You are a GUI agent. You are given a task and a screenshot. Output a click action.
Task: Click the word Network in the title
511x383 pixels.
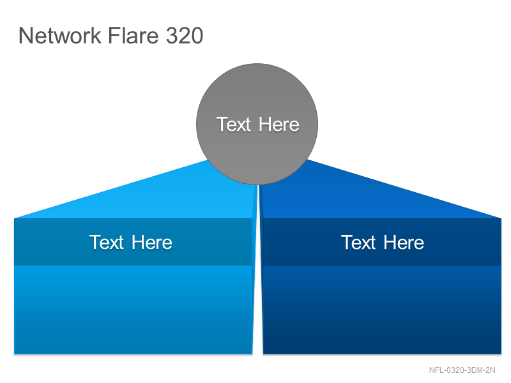click(60, 35)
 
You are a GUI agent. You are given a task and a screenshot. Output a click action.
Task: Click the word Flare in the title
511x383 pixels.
click(133, 35)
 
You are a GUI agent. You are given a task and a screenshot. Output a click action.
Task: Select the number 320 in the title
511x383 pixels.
click(185, 35)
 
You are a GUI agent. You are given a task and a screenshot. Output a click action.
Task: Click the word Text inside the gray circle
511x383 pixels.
click(234, 124)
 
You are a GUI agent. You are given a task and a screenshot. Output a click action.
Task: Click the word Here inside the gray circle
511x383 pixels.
click(279, 124)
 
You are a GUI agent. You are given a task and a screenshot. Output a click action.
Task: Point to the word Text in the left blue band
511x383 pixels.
click(107, 242)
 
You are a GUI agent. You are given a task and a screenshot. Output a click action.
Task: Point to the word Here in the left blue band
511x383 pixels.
click(152, 242)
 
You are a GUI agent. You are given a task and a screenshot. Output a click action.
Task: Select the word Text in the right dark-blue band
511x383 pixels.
click(358, 242)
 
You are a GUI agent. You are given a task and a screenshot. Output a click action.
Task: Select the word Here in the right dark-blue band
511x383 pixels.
click(404, 242)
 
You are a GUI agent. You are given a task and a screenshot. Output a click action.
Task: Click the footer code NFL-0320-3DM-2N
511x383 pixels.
click(462, 370)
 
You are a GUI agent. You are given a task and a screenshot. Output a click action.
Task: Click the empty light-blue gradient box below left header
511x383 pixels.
click(133, 310)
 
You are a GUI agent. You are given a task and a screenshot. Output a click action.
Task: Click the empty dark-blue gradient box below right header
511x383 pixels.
click(382, 310)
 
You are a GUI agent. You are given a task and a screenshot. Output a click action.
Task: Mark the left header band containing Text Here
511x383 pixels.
click(133, 242)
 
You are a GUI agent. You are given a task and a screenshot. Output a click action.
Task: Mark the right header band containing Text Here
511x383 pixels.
click(382, 242)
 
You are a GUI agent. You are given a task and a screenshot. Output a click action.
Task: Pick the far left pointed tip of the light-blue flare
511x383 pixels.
click(15, 218)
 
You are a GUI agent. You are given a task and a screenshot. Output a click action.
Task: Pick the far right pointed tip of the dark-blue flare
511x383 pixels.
click(501, 218)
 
